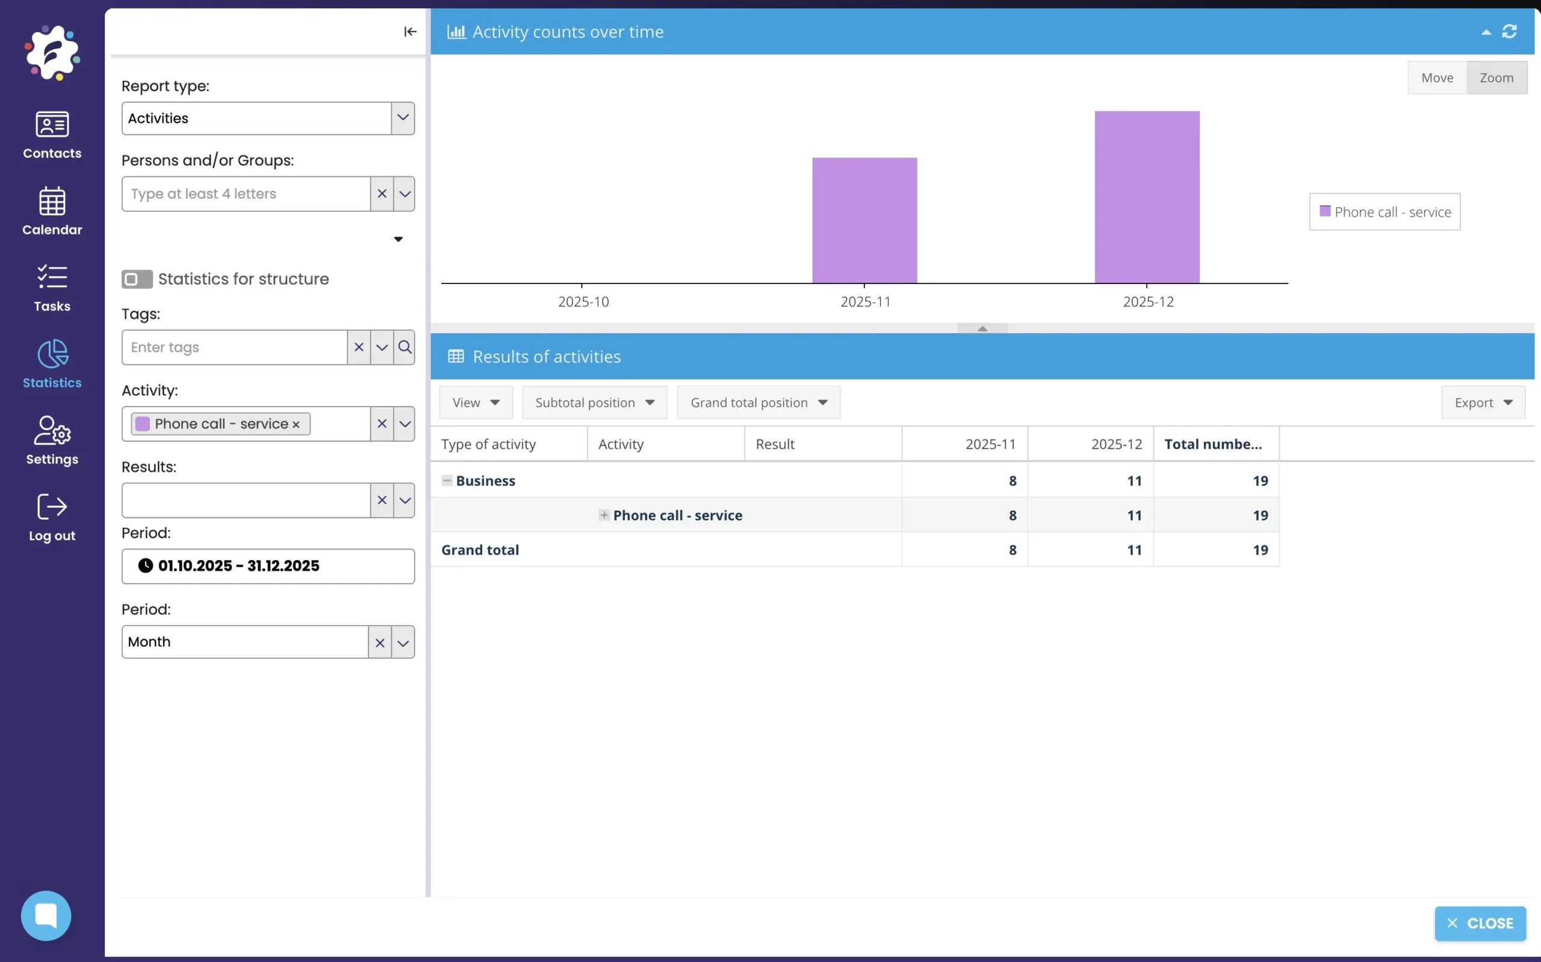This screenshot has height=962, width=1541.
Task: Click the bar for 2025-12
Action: point(1146,197)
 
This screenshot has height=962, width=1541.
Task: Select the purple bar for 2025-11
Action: point(864,220)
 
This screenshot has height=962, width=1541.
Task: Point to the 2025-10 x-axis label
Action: point(583,301)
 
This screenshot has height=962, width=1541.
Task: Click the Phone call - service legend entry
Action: point(1384,212)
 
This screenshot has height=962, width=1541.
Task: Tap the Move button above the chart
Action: point(1437,78)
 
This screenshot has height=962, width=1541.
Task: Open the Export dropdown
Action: point(1483,402)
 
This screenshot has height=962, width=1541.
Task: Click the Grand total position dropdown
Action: point(758,402)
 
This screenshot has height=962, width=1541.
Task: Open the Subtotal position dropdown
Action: point(594,402)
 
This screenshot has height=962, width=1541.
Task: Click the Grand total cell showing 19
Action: point(1260,550)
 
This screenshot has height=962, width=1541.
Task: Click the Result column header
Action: point(775,444)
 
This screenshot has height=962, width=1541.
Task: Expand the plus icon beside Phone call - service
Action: point(603,515)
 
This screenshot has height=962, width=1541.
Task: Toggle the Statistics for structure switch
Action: point(137,279)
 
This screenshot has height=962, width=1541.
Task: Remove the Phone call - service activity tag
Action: point(296,424)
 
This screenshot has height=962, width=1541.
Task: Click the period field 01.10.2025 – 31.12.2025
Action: point(267,566)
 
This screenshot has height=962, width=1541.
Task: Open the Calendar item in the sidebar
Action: point(52,211)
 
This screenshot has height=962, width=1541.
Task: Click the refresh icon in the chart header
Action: point(1508,31)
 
